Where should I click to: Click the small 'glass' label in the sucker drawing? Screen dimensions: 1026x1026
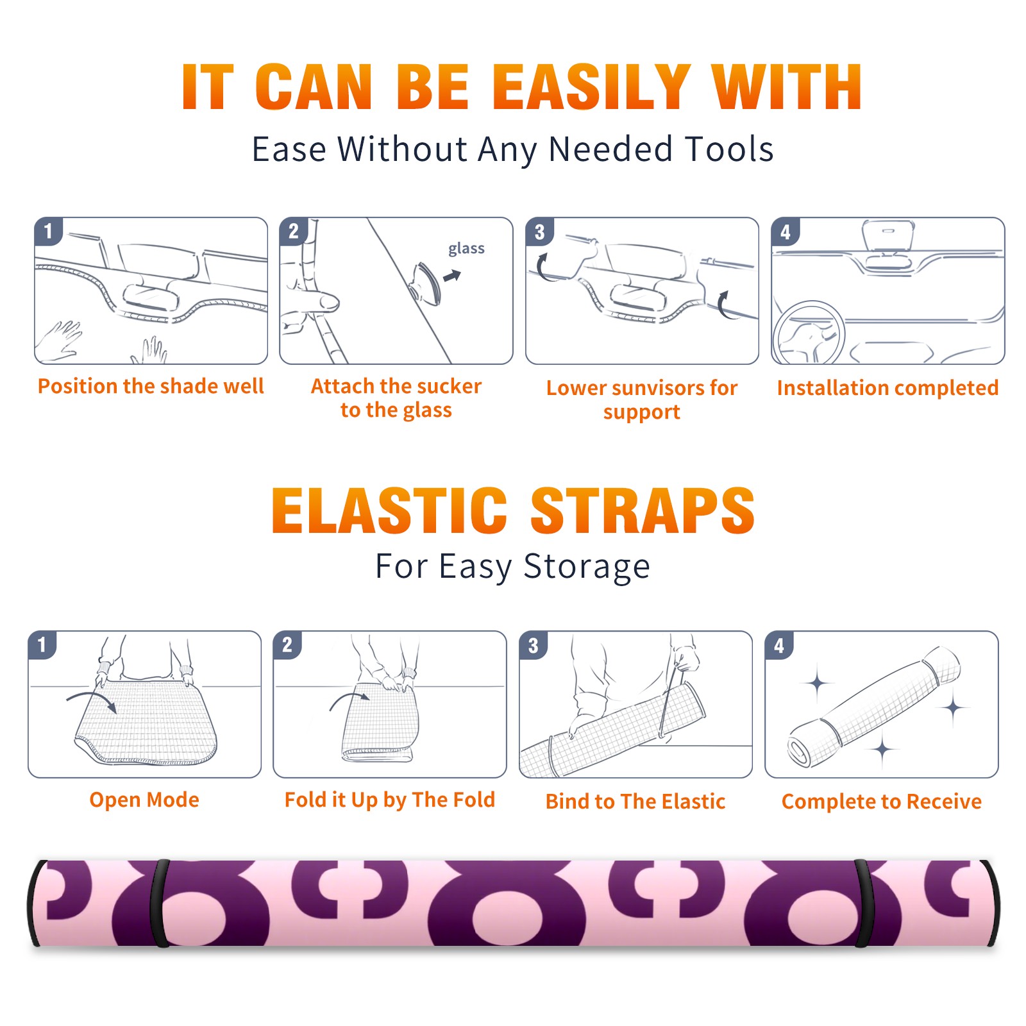(x=466, y=249)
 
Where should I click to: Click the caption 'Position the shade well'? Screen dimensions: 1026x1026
(x=151, y=386)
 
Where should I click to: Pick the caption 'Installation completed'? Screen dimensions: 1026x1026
(x=887, y=388)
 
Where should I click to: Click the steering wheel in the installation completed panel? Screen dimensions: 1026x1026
(x=809, y=333)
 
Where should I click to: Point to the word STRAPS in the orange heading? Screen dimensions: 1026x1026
(x=643, y=510)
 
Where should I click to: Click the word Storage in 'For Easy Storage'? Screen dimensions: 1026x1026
(x=587, y=567)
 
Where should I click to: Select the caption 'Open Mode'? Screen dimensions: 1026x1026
(x=144, y=800)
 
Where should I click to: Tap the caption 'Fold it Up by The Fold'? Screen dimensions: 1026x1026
(x=390, y=800)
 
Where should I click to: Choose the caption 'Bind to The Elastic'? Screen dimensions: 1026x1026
(x=635, y=802)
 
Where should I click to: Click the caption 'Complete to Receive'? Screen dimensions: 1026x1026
(x=882, y=802)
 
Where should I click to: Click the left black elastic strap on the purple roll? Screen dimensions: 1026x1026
(x=160, y=903)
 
